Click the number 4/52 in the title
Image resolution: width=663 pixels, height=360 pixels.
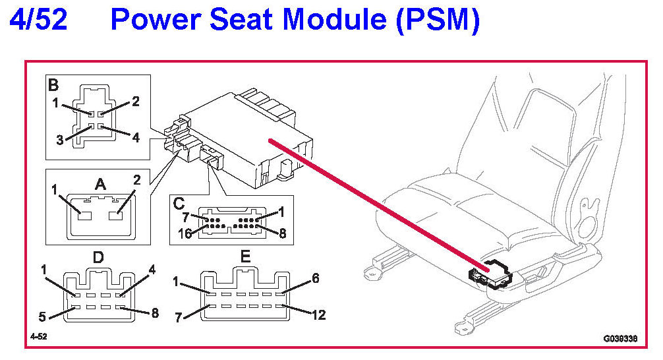pos(38,20)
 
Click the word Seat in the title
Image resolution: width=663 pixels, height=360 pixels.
pos(243,20)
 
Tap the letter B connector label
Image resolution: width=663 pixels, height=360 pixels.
pos(53,84)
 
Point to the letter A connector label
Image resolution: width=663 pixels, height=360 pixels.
pos(100,185)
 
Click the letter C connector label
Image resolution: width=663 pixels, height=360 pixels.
pos(179,203)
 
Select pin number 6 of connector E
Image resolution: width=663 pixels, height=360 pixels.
pos(315,279)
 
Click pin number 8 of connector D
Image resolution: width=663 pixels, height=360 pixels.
pos(155,313)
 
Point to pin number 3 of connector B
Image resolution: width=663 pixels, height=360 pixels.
pos(61,139)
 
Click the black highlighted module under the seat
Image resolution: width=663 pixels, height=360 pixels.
pos(489,274)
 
